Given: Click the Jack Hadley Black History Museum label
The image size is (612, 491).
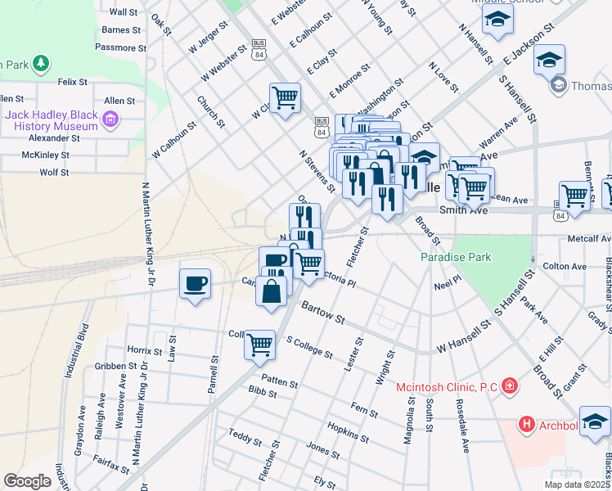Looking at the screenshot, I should [x=51, y=121].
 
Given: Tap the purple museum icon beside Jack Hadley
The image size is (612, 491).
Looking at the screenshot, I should [x=110, y=122].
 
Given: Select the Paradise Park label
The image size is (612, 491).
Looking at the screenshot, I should [x=456, y=257].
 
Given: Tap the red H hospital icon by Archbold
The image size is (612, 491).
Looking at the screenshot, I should [x=526, y=424].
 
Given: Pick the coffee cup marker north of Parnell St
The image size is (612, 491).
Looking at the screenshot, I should [x=195, y=284].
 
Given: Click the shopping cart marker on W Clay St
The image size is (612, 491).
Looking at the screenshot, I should [x=285, y=98].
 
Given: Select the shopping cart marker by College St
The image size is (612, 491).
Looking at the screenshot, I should [x=259, y=345].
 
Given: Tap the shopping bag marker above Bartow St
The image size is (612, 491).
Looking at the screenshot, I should [x=271, y=291].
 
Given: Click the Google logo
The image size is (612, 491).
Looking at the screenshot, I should [x=27, y=481].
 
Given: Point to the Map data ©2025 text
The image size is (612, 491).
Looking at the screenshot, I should [x=577, y=484].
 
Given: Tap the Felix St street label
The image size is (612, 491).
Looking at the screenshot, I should [x=73, y=82].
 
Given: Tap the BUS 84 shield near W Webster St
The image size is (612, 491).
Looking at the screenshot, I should [x=259, y=47].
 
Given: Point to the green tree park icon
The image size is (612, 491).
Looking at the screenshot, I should [x=39, y=63].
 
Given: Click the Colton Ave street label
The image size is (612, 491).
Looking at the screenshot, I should [x=565, y=267].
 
